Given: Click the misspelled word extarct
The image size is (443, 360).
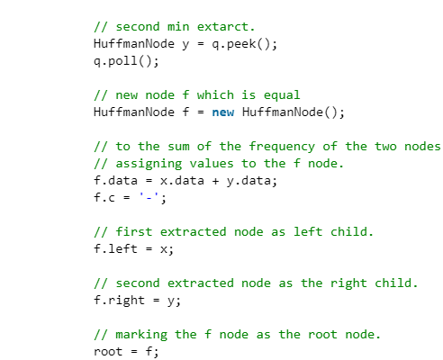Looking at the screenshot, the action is [226, 27].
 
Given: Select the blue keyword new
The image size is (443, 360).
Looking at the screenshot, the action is [223, 112].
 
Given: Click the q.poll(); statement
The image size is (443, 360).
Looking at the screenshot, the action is [126, 61].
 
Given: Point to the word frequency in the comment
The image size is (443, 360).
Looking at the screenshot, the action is [282, 147].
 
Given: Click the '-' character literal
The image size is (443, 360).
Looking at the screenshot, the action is [149, 198].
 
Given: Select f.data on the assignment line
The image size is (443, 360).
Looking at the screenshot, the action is [115, 181].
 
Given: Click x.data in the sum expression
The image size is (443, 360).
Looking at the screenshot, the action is [182, 181].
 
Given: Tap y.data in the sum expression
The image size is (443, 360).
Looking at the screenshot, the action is [249, 181].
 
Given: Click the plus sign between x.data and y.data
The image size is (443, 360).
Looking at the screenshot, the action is [215, 181].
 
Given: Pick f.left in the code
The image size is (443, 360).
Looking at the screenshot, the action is [115, 249].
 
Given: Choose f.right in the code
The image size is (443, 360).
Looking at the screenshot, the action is [119, 301].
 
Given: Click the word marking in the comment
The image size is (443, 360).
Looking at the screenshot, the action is [141, 335].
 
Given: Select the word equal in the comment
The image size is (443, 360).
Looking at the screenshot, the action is [282, 95].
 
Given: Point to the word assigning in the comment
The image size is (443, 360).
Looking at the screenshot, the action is [149, 164].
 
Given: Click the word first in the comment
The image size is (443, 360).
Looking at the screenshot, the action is [134, 232].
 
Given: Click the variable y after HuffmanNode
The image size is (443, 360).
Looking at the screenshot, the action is [185, 45].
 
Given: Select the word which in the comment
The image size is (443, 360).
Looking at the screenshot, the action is [215, 95].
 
